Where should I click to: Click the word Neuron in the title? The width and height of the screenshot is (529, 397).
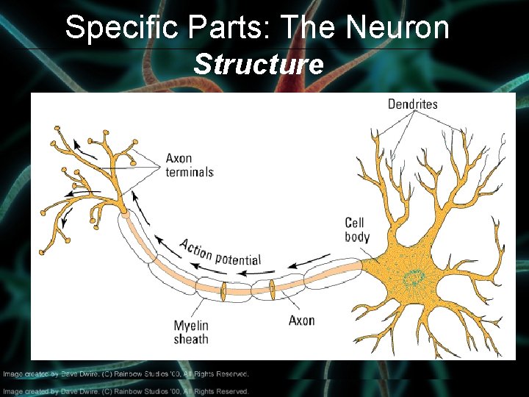pos(397,28)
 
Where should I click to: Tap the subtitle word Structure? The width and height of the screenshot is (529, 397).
pos(258,65)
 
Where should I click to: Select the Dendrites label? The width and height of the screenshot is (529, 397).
pos(412,104)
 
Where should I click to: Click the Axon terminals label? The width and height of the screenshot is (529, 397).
pos(190,165)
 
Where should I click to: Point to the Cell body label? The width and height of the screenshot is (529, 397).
pos(357,229)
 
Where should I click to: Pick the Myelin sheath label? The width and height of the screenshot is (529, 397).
pos(191,332)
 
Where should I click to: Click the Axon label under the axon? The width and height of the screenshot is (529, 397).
pos(301,321)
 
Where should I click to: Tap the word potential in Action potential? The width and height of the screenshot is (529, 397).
pos(237,258)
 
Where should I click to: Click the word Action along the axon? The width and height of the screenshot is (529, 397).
pos(196,249)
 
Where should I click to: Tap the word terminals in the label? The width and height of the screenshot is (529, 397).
pos(190,172)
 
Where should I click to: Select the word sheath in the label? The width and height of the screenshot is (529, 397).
pos(191,340)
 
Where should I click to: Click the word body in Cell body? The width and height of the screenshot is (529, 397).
pos(357,237)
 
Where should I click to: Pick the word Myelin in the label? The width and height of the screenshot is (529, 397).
pos(191,326)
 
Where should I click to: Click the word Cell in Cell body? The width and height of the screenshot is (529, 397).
pos(354,223)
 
